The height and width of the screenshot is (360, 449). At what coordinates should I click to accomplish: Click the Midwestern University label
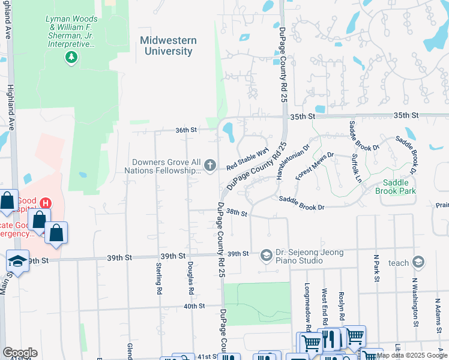pos(167,46)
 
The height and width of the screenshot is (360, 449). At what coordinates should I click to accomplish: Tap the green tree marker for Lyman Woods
pos(71,57)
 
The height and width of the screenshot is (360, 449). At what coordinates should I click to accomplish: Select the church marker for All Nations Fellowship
pos(210,165)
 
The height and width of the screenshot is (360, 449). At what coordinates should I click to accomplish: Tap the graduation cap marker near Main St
pos(17,262)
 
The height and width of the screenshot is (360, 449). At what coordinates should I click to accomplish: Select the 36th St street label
pos(186,130)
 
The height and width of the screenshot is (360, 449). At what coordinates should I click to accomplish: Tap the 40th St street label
pos(194,306)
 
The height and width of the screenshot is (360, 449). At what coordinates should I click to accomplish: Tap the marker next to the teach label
pos(418,262)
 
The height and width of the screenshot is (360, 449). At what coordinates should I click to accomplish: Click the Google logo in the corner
pos(20,353)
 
